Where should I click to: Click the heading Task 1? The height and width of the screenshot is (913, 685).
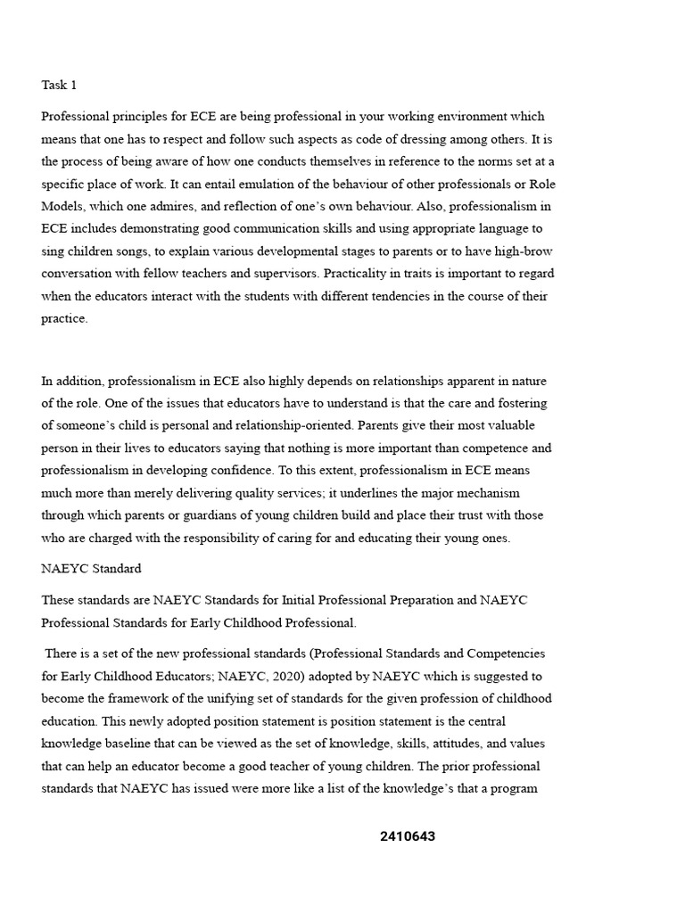coord(60,86)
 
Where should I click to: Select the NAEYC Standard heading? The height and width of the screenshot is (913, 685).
coord(91,568)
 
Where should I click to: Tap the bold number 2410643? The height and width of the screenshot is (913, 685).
coord(408,836)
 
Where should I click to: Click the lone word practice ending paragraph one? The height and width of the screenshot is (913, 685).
coord(63,318)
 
